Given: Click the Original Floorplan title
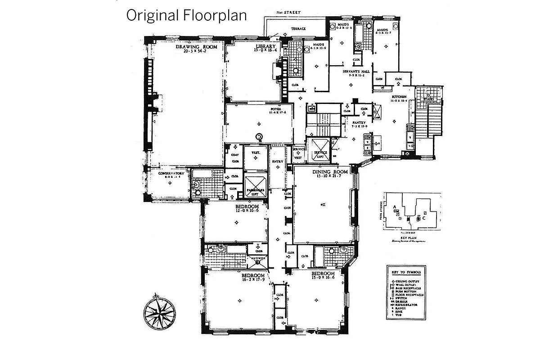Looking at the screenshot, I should (186, 15).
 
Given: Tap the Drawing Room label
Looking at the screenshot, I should (196, 47).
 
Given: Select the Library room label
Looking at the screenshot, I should (265, 47).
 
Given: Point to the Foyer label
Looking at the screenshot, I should (275, 109).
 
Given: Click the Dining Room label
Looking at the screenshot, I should (331, 172).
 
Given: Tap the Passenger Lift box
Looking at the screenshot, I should (255, 186).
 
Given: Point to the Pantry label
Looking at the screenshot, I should (359, 122).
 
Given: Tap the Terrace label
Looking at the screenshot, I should (298, 28).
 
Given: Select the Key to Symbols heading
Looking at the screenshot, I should (406, 272).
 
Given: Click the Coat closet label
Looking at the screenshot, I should (235, 152).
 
